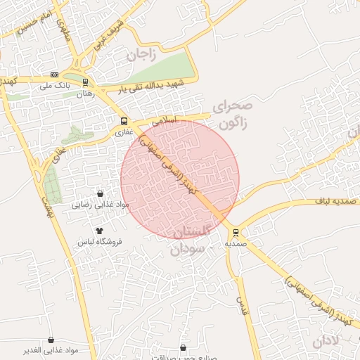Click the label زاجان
click(x=141, y=54)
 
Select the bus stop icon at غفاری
click(x=124, y=120)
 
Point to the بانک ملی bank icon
click(x=54, y=75)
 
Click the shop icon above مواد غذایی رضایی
click(x=100, y=193)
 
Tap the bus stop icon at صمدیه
click(x=236, y=233)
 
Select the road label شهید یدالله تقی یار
click(x=150, y=86)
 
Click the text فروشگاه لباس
click(x=100, y=242)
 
